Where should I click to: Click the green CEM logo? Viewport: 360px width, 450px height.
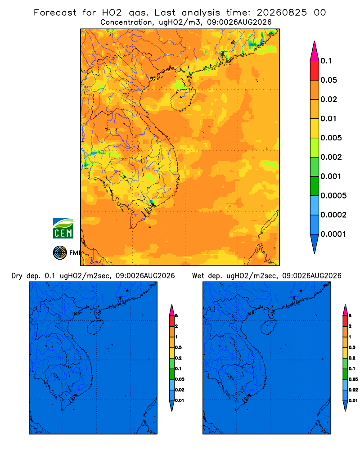tap(63, 228)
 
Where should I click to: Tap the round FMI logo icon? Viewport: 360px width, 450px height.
tap(60, 252)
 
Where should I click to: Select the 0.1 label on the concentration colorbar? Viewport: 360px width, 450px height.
tap(326, 61)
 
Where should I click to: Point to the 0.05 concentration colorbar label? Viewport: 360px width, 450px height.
tap(328, 80)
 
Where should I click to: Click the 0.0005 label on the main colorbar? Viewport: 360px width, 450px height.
tap(333, 196)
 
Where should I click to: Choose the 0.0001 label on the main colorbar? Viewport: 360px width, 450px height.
tap(333, 234)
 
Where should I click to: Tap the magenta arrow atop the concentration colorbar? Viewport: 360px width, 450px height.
tap(315, 52)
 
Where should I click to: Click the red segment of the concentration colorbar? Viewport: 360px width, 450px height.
tap(315, 71)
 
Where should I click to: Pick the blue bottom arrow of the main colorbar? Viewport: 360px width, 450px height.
tap(315, 243)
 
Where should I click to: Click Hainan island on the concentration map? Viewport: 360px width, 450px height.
tap(183, 99)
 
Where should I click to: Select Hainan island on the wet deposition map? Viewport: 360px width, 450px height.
tap(269, 328)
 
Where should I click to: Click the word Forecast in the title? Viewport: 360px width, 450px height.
tap(55, 13)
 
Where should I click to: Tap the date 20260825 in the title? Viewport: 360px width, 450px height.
tap(282, 13)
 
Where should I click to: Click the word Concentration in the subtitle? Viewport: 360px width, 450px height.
tap(126, 22)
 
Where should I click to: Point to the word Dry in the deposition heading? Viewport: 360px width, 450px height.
tap(17, 276)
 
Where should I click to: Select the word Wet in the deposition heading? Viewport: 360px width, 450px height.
tap(198, 276)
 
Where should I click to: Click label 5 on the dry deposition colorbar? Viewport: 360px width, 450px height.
tap(176, 316)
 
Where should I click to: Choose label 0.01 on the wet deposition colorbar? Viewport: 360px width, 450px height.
tap(353, 400)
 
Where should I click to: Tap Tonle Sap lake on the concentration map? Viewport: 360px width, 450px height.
tap(122, 176)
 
